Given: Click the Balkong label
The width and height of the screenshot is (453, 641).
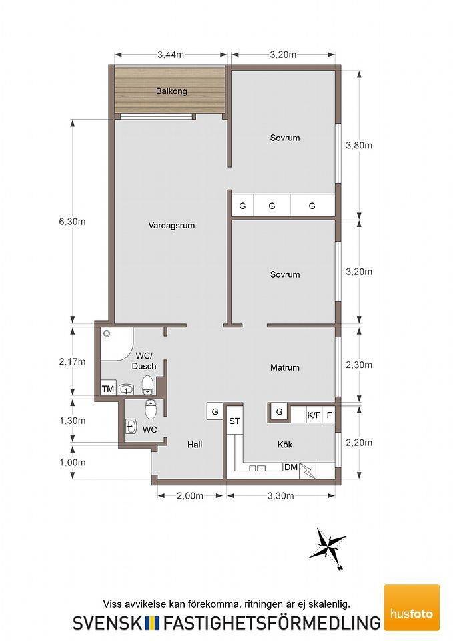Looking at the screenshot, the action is pos(171,91).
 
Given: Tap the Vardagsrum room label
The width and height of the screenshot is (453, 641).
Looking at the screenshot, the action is pos(171,225).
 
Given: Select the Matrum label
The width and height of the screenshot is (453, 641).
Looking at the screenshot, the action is pos(285,367).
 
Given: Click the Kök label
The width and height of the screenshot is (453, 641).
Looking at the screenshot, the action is pos(285,445).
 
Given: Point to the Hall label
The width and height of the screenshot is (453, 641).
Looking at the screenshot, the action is pos(195,445).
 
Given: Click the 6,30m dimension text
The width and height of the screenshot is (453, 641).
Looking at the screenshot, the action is pos(72,222).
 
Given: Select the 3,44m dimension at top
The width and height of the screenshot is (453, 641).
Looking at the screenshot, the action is pos(171,55).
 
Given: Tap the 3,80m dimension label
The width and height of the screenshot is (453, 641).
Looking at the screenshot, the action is pos(359,145).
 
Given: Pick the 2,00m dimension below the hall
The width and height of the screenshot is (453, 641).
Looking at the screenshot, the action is pos(190,496).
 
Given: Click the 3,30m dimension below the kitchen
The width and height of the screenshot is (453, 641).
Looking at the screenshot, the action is pos(281,496).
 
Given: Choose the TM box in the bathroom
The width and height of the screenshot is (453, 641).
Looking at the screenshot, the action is pos(108,389).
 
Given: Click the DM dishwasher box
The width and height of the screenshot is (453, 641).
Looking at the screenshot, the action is pos(291,467).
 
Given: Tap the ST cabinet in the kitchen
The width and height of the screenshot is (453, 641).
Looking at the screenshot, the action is pos(234,421).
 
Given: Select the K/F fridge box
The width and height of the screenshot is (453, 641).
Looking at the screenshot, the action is pos(314,415).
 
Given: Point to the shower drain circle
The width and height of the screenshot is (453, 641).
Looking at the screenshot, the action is pos(107,334).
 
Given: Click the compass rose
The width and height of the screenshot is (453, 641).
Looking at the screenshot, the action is pos(328,547).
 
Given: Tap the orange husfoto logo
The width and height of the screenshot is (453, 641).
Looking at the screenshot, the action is pos(412,607).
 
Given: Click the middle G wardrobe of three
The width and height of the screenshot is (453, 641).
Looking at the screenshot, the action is pos(272,206).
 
